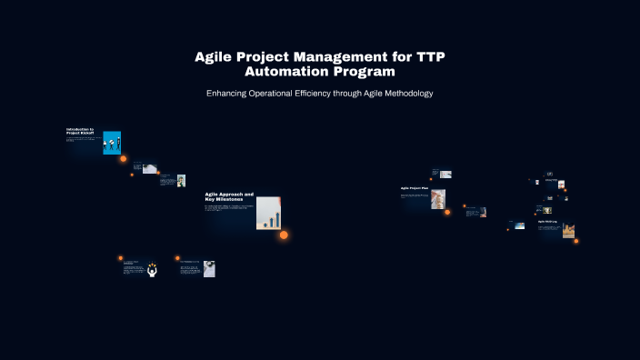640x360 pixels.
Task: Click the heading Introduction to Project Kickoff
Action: (x=80, y=132)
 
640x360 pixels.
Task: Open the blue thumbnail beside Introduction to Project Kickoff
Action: (x=112, y=143)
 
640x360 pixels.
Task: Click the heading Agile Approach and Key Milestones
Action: (x=229, y=196)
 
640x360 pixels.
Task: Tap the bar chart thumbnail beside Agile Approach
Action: (x=269, y=214)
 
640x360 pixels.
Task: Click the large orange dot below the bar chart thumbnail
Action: (x=284, y=235)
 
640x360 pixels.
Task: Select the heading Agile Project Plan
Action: (x=414, y=188)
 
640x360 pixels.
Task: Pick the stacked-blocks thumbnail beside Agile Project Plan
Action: (x=438, y=199)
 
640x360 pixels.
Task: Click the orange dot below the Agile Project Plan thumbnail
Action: (x=447, y=212)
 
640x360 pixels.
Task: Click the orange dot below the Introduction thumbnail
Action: (x=124, y=158)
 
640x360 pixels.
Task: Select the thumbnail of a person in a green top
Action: (x=182, y=180)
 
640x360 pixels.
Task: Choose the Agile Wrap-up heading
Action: (x=547, y=221)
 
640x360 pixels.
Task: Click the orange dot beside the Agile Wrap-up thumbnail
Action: (x=576, y=241)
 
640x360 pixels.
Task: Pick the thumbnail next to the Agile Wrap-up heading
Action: (x=568, y=231)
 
